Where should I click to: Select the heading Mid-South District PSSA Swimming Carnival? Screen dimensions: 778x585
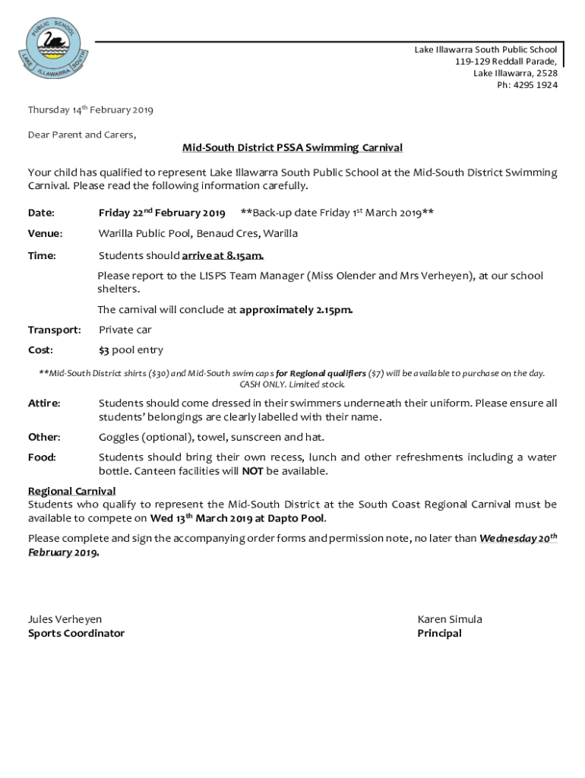coord(292,147)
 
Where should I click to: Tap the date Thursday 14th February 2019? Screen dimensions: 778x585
coord(90,110)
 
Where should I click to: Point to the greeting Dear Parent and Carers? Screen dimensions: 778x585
coord(82,134)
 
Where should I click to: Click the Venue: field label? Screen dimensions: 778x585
coord(46,233)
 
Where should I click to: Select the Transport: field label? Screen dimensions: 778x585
coord(55,330)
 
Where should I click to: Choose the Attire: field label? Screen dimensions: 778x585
coord(45,403)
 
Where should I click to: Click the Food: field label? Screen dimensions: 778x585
coord(42,457)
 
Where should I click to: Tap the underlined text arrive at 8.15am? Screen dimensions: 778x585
coord(223,255)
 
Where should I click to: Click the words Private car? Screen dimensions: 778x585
coord(125,330)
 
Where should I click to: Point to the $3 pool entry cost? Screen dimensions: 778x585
coord(131,350)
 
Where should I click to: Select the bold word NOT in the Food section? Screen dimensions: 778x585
coord(252,471)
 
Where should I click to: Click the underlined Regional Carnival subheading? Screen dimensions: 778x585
coord(72,491)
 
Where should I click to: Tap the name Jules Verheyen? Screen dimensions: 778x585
coord(65,619)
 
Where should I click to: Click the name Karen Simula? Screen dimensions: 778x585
coord(450,619)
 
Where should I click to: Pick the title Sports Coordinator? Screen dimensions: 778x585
coord(76,633)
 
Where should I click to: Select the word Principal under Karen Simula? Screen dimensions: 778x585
coord(439,633)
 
